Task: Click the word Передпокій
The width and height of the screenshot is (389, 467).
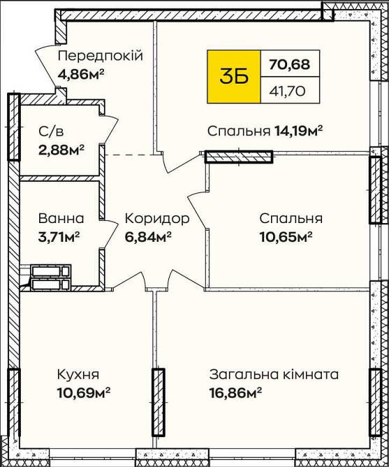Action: pyautogui.click(x=100, y=56)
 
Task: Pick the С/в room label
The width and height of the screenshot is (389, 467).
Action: pyautogui.click(x=52, y=132)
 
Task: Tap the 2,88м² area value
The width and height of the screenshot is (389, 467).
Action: pyautogui.click(x=61, y=148)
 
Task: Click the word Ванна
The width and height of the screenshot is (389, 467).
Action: pyautogui.click(x=61, y=218)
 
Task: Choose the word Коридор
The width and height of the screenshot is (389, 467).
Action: pyautogui.click(x=157, y=218)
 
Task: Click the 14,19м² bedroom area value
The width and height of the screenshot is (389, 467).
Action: pyautogui.click(x=298, y=130)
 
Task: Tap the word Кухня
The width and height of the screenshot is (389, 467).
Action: pyautogui.click(x=79, y=374)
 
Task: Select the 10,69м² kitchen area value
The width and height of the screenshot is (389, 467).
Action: pyautogui.click(x=84, y=392)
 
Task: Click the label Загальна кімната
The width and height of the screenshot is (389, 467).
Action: pyautogui.click(x=274, y=374)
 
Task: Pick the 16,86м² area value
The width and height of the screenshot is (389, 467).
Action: pyautogui.click(x=235, y=392)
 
